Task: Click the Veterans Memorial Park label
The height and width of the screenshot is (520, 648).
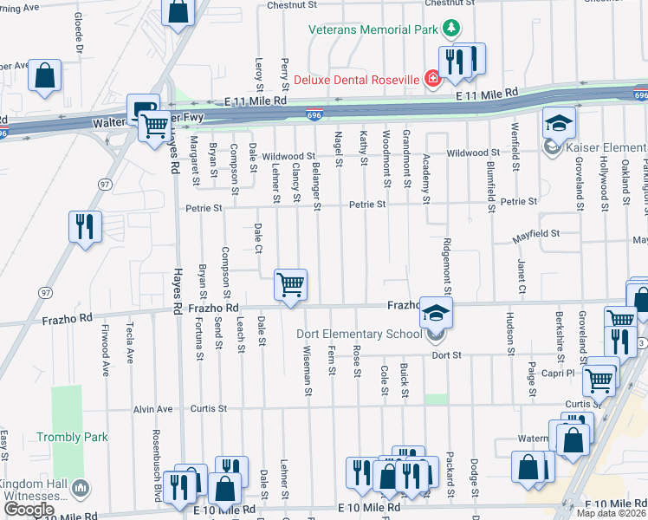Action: pyautogui.click(x=374, y=29)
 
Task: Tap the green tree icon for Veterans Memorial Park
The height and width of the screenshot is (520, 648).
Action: pyautogui.click(x=450, y=29)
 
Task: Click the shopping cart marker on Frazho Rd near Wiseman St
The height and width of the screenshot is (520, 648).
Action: pyautogui.click(x=290, y=285)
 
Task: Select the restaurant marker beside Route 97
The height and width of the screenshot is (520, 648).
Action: pyautogui.click(x=86, y=227)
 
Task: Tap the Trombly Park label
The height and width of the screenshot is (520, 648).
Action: pyautogui.click(x=73, y=437)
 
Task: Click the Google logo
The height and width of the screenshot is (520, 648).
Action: pyautogui.click(x=29, y=510)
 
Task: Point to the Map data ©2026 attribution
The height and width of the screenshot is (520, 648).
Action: pyautogui.click(x=611, y=514)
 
